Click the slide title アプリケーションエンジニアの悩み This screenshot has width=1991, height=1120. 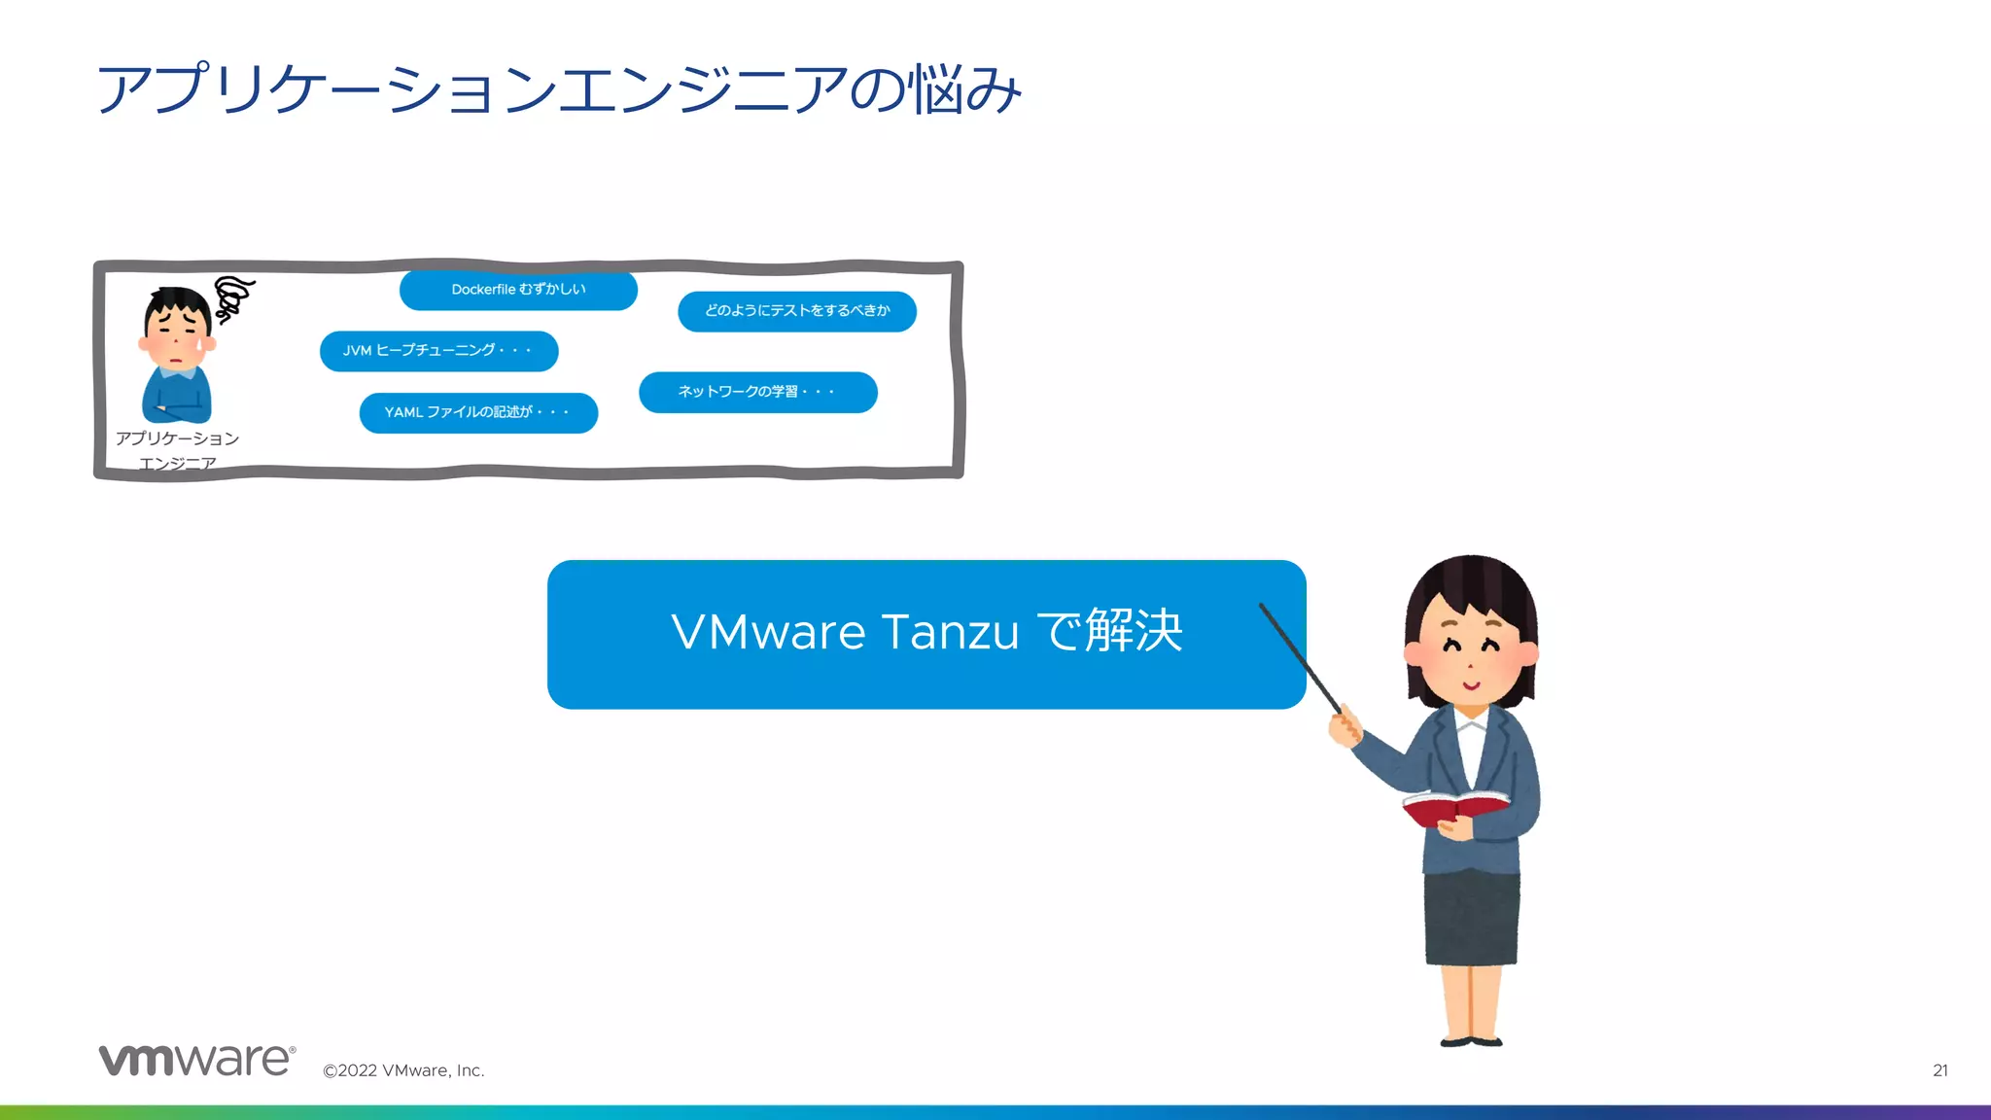click(x=559, y=89)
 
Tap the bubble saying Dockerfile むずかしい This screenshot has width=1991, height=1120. click(x=518, y=290)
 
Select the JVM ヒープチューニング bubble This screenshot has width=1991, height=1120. click(x=438, y=351)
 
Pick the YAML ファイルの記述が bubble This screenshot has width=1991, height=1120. click(x=478, y=412)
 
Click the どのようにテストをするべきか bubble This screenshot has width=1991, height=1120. click(x=797, y=311)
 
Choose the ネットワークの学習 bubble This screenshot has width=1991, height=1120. click(x=757, y=392)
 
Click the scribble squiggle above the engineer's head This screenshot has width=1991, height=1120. click(x=232, y=297)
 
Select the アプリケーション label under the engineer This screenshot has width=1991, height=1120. click(x=177, y=438)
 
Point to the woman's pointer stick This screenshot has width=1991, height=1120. click(x=1300, y=658)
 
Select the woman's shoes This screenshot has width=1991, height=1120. click(x=1472, y=1041)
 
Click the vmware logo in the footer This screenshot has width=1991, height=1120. click(x=196, y=1061)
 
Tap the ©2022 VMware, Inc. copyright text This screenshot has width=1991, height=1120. click(x=403, y=1070)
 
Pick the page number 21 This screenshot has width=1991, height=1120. click(x=1939, y=1070)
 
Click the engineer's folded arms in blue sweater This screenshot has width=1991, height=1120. click(x=177, y=405)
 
